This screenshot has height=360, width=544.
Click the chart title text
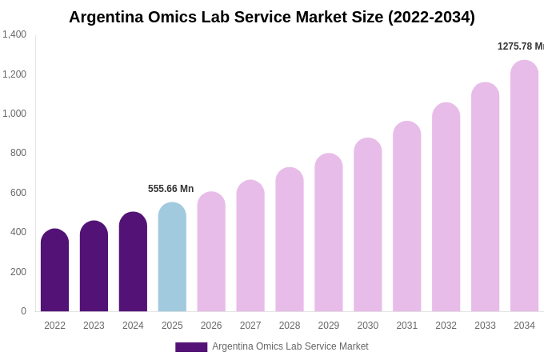271,17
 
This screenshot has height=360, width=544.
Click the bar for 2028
290,240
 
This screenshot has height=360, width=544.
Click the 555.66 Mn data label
170,189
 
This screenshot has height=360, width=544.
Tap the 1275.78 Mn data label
520,46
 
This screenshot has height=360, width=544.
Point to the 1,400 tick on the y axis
14,34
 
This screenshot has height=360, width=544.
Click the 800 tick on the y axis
18,153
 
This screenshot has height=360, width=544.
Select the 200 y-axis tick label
18,272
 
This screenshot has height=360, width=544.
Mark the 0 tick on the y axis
23,311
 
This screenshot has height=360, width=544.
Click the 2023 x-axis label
94,326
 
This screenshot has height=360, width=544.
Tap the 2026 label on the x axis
211,326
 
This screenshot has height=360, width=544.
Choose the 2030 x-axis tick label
368,326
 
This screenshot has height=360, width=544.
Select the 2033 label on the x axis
485,326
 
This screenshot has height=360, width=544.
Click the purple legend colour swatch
191,347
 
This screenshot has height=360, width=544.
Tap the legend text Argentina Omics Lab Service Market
290,346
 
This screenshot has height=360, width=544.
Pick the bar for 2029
329,233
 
